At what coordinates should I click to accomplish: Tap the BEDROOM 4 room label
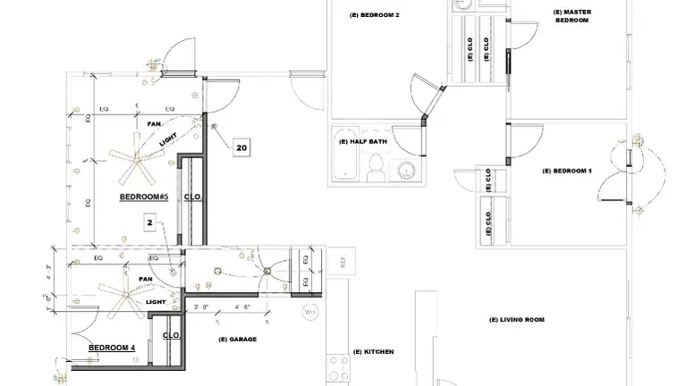[112, 348]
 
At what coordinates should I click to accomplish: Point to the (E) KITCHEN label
[373, 352]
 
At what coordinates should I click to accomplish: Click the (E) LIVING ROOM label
[517, 319]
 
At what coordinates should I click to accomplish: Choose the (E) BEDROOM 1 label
[567, 171]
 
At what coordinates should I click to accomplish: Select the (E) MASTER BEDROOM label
[572, 16]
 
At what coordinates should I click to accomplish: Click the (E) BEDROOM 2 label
[374, 15]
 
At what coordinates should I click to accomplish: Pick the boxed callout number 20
[241, 147]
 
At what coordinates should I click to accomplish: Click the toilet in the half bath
[377, 166]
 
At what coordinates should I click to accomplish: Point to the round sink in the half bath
[407, 170]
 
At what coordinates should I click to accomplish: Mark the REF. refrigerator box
[343, 263]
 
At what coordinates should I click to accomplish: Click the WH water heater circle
[310, 313]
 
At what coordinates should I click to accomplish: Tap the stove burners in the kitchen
[338, 368]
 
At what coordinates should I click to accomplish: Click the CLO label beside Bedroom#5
[191, 197]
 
